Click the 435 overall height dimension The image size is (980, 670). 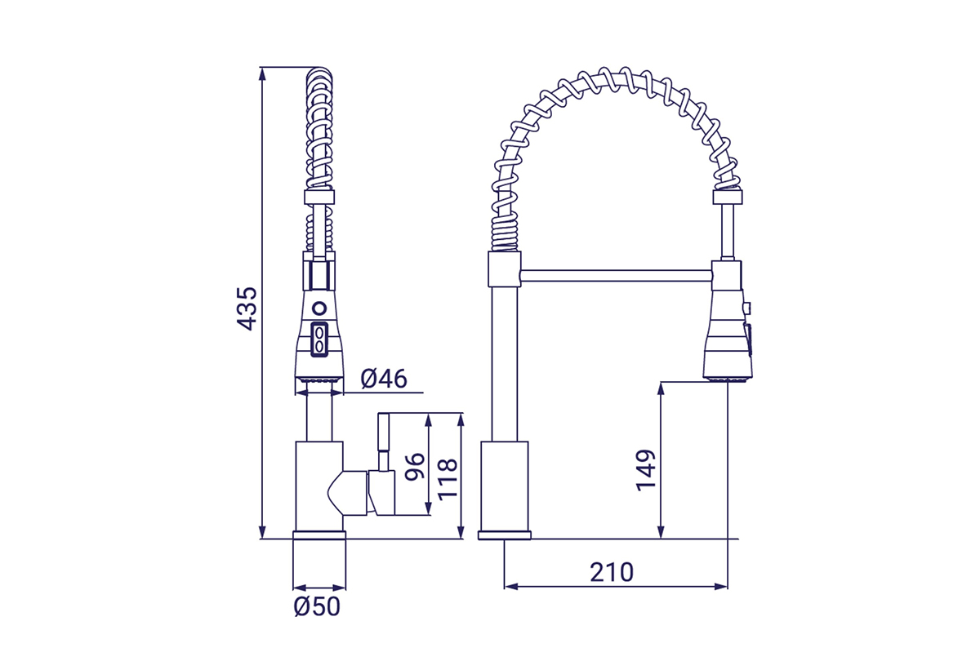[247, 308]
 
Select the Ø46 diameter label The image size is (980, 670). [383, 379]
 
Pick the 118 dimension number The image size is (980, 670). [447, 478]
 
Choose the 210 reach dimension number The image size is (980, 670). [612, 572]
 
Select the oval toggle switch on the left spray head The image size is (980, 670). [319, 339]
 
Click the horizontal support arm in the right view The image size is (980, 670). [616, 274]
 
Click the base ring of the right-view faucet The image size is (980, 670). [504, 535]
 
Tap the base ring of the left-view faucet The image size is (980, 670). [318, 535]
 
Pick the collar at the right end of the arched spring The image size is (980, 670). [727, 197]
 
